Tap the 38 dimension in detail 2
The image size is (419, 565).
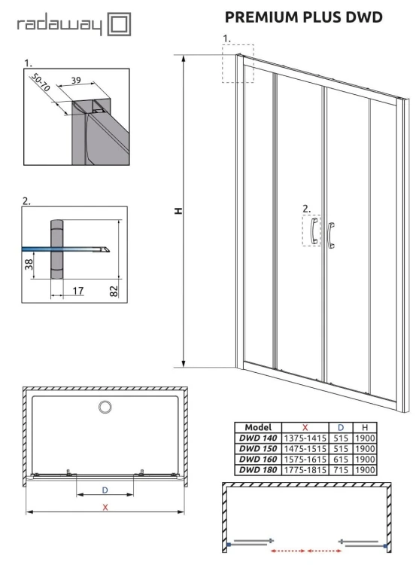click(29, 263)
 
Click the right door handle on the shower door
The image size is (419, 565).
click(331, 234)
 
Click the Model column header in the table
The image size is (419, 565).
click(258, 427)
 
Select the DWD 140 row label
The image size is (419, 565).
click(258, 438)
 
